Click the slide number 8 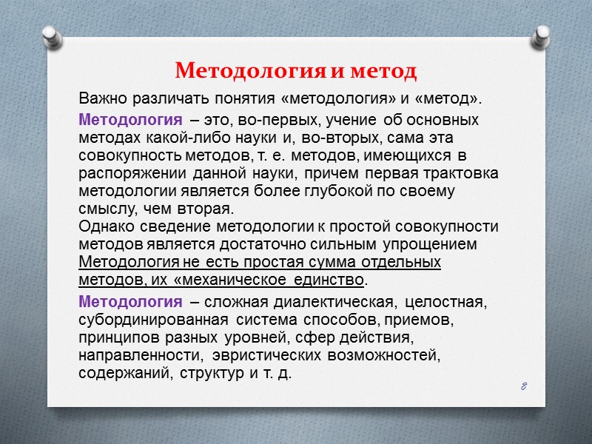click(x=522, y=386)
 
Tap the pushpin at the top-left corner click(x=51, y=38)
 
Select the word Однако click(x=104, y=226)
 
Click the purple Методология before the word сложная click(x=129, y=302)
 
